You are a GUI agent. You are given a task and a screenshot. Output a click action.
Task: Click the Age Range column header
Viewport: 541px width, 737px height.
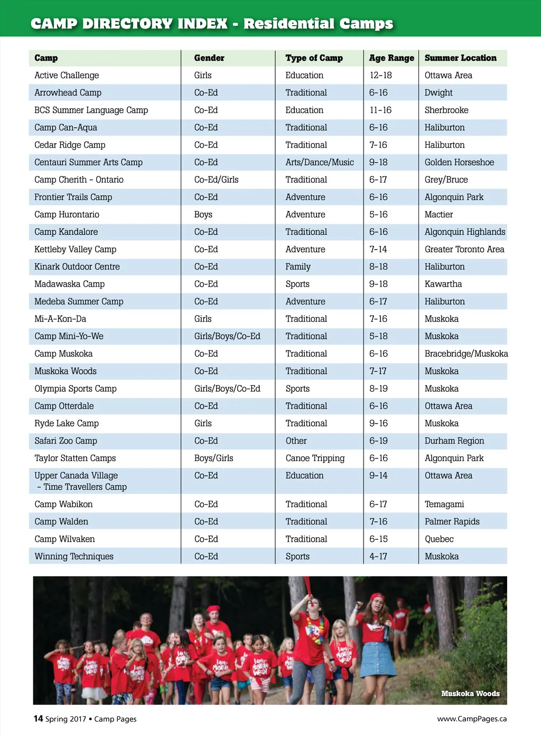(391, 58)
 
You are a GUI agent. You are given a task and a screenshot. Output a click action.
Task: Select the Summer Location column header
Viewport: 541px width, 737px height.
(460, 58)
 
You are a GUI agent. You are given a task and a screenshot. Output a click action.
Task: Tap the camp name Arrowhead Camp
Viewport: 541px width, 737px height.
(68, 93)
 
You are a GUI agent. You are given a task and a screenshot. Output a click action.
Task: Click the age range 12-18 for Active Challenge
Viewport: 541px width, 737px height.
(380, 76)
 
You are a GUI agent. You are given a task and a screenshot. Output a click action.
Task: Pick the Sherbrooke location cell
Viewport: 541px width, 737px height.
(446, 110)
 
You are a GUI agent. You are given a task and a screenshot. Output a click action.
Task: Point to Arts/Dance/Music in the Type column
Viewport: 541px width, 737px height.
(320, 162)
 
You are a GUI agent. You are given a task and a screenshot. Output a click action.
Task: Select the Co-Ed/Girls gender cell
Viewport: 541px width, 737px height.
(216, 180)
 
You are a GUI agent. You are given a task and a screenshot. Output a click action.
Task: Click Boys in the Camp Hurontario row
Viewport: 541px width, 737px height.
(203, 215)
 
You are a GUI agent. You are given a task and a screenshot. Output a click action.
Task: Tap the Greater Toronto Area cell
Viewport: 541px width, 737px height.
(464, 250)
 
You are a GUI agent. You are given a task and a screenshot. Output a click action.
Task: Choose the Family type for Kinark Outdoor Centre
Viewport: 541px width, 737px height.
(298, 267)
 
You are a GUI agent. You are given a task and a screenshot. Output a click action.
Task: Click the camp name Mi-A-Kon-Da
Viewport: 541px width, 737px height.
(60, 319)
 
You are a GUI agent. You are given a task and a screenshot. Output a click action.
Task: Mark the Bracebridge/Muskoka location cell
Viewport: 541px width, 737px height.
(466, 354)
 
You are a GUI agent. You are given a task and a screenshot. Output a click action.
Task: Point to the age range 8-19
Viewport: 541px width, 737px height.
(378, 389)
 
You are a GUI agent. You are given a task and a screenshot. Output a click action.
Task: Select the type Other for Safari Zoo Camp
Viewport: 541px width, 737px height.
(296, 441)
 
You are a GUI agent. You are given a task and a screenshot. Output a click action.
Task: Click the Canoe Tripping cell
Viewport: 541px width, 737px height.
(315, 458)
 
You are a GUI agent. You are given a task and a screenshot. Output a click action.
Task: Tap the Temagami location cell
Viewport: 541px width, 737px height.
(444, 504)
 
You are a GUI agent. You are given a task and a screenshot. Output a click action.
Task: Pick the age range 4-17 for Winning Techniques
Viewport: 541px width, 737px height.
(378, 557)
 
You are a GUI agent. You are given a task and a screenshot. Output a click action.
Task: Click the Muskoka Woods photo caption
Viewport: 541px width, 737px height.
(470, 694)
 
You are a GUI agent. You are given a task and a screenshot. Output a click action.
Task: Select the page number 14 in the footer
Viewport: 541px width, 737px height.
(38, 718)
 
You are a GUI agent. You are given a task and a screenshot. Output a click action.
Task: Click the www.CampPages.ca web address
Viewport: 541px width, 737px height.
(472, 719)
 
